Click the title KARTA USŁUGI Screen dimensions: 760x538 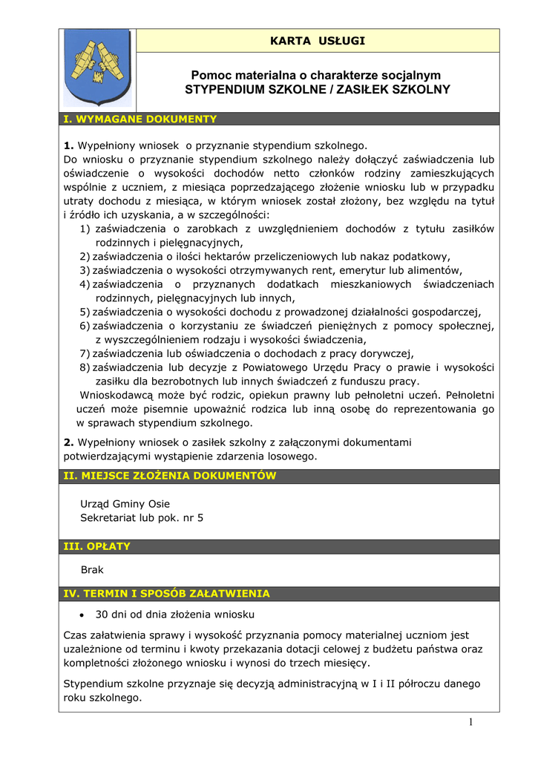click(x=317, y=41)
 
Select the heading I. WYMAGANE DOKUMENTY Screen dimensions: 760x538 click(x=140, y=119)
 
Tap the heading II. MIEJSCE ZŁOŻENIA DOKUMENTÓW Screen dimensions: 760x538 click(x=170, y=476)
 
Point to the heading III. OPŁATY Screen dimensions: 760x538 click(x=97, y=546)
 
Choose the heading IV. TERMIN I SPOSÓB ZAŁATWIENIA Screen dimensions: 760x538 click(x=167, y=594)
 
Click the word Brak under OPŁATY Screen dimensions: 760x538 click(x=92, y=570)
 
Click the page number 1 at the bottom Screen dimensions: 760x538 click(x=470, y=723)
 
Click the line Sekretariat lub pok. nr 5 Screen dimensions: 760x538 click(x=142, y=517)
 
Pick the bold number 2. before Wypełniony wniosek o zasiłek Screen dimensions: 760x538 click(x=69, y=442)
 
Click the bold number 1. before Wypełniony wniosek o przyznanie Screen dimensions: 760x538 click(x=69, y=145)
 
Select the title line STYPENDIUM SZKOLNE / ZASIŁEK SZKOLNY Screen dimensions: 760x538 click(x=317, y=90)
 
